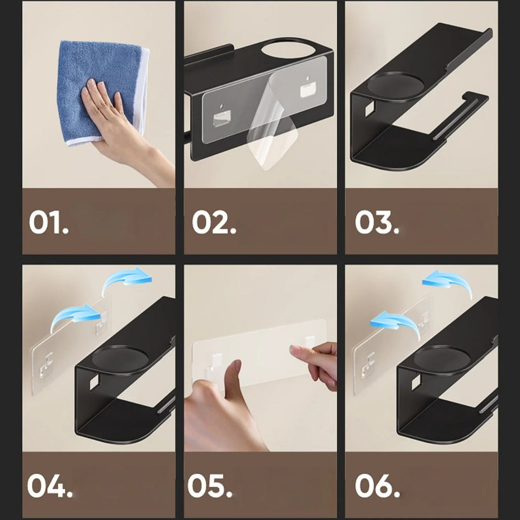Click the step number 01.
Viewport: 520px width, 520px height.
coord(49,223)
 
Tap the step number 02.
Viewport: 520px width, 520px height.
coord(214,223)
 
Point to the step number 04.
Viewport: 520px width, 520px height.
coord(49,486)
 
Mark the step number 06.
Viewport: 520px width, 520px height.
coord(377,486)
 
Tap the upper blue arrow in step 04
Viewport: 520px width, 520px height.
coord(127,280)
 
